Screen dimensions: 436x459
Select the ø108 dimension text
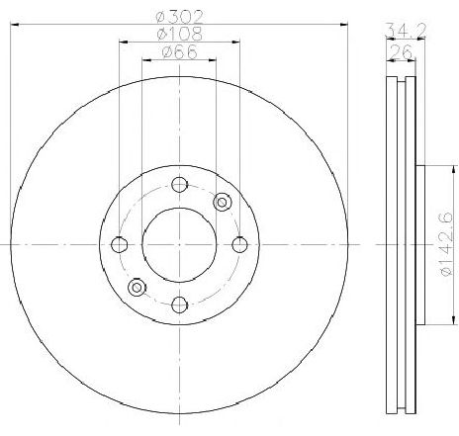pyautogui.click(x=178, y=34)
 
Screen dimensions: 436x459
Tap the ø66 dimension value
pyautogui.click(x=178, y=54)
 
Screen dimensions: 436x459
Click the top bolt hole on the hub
pyautogui.click(x=179, y=184)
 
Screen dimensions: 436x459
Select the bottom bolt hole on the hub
pyautogui.click(x=179, y=304)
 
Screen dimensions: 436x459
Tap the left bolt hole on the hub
pyautogui.click(x=120, y=243)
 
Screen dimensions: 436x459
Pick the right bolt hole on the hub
pyautogui.click(x=238, y=243)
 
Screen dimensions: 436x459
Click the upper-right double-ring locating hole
pyautogui.click(x=222, y=202)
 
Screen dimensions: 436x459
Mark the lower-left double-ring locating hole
pyautogui.click(x=137, y=288)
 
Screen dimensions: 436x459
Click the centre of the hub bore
pyautogui.click(x=179, y=243)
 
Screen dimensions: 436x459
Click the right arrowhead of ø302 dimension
pyautogui.click(x=344, y=22)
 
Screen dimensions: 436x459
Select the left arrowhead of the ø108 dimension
pyautogui.click(x=122, y=43)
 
